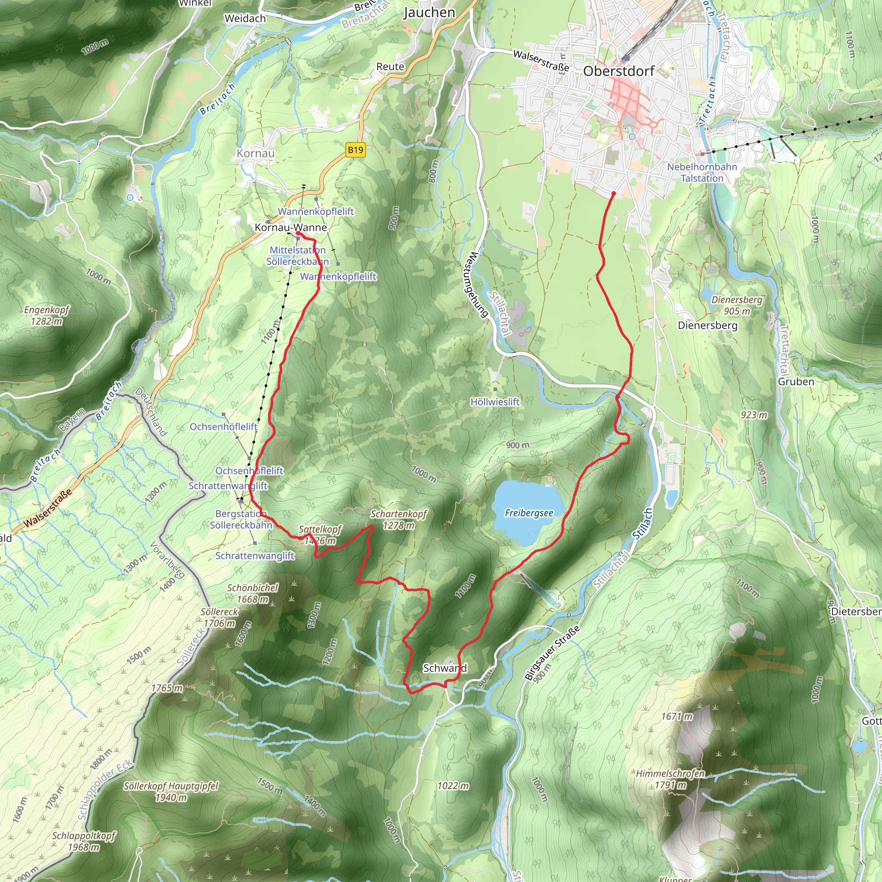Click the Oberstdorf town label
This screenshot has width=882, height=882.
coord(618,71)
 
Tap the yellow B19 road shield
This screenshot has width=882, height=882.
coord(355,150)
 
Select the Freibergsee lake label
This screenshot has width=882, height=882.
coord(529,513)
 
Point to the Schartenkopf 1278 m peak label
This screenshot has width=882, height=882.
coord(398,519)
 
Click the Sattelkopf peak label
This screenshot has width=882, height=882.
coord(320,530)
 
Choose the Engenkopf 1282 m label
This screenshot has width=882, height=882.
coord(47,315)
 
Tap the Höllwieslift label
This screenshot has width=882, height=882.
coord(495,402)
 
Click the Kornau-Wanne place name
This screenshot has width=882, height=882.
coord(291,227)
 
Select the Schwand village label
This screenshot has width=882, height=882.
coord(444,668)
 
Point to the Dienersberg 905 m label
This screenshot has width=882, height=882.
coord(736,305)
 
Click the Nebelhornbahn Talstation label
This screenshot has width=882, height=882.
coord(702,173)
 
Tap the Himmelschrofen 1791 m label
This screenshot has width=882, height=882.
coord(670,779)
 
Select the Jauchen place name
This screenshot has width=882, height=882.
coord(429,13)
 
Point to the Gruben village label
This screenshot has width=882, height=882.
coord(796,382)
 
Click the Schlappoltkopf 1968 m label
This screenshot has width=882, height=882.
coord(84,842)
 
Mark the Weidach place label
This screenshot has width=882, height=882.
coord(245,19)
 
